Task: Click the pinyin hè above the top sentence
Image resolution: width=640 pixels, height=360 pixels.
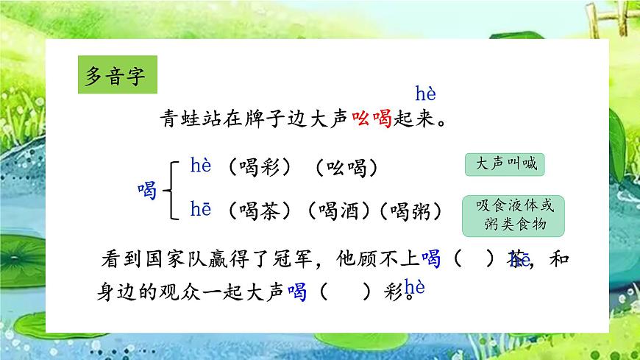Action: (426, 94)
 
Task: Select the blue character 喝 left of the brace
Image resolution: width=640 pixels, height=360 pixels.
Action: (148, 191)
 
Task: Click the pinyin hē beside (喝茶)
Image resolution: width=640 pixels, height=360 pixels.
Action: (201, 211)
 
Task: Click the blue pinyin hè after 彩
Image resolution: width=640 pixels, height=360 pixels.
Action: (415, 287)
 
